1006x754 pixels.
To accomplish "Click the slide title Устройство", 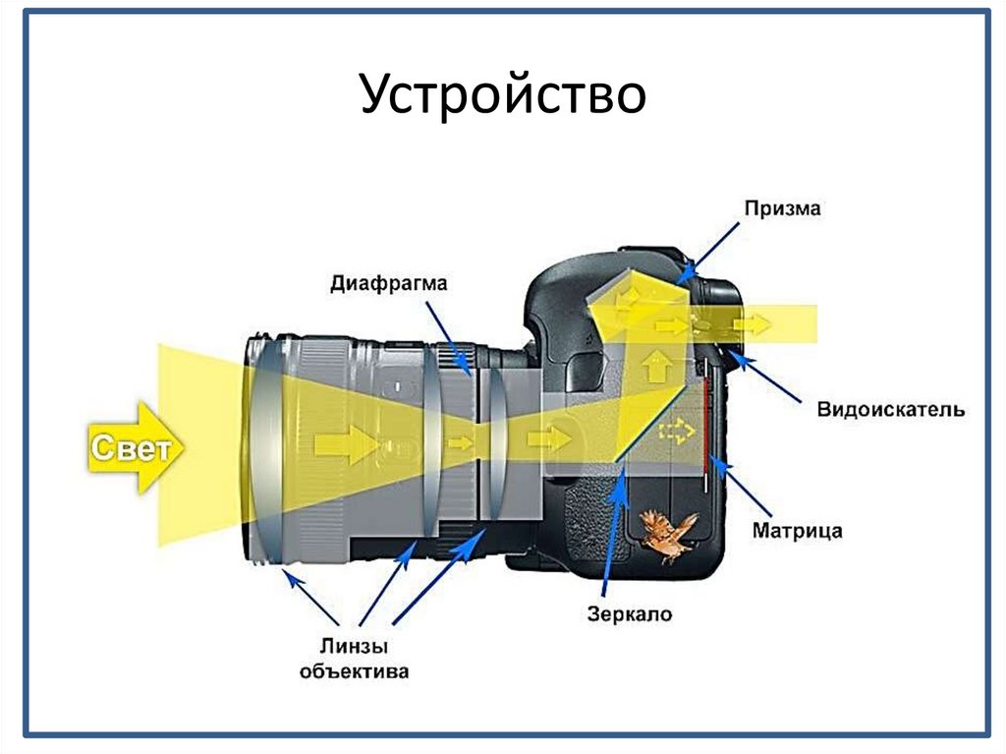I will (502, 96).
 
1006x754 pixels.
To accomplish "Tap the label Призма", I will (781, 208).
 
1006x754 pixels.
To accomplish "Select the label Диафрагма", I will (388, 284).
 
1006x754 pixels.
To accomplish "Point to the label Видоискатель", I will (890, 408).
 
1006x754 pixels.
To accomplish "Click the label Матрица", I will (797, 531).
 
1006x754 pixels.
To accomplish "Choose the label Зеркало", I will (630, 614).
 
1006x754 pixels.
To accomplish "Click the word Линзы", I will (353, 647).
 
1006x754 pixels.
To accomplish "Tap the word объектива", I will (354, 672).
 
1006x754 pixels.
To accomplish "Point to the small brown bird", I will (667, 534).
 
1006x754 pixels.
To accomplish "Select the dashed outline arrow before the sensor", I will (676, 430).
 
